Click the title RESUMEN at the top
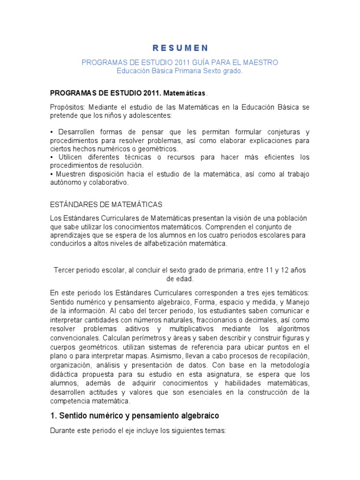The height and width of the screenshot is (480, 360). tap(180, 48)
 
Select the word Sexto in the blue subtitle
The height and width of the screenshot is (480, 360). tap(213, 71)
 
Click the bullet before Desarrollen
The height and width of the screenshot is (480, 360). tap(51, 132)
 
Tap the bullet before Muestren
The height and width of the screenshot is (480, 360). tap(51, 174)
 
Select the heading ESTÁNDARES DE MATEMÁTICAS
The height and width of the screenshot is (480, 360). tap(106, 204)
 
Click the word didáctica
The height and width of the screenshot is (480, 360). tap(64, 372)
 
